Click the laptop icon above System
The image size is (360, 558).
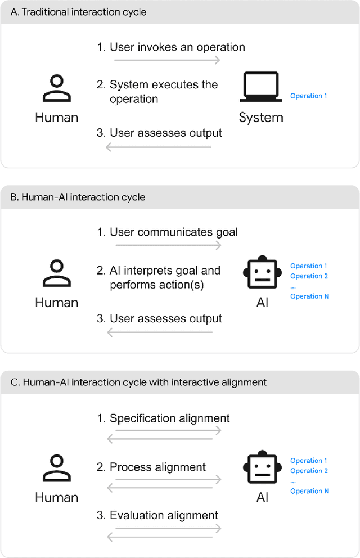click(261, 87)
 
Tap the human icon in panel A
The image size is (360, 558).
click(56, 88)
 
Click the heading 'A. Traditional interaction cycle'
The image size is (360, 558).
click(79, 12)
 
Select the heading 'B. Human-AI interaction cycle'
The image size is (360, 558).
click(78, 197)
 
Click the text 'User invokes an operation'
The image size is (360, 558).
click(177, 47)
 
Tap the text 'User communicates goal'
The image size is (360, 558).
click(174, 232)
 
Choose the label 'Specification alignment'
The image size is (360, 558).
click(169, 418)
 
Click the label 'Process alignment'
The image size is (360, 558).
click(157, 467)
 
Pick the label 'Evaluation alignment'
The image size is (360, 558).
click(164, 515)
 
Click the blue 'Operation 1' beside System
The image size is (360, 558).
click(308, 96)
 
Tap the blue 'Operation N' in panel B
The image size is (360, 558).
click(309, 296)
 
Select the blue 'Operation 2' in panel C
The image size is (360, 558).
click(309, 471)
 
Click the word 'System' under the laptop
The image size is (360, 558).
click(261, 118)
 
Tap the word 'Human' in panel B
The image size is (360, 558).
click(56, 302)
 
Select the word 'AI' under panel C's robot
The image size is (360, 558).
click(262, 497)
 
